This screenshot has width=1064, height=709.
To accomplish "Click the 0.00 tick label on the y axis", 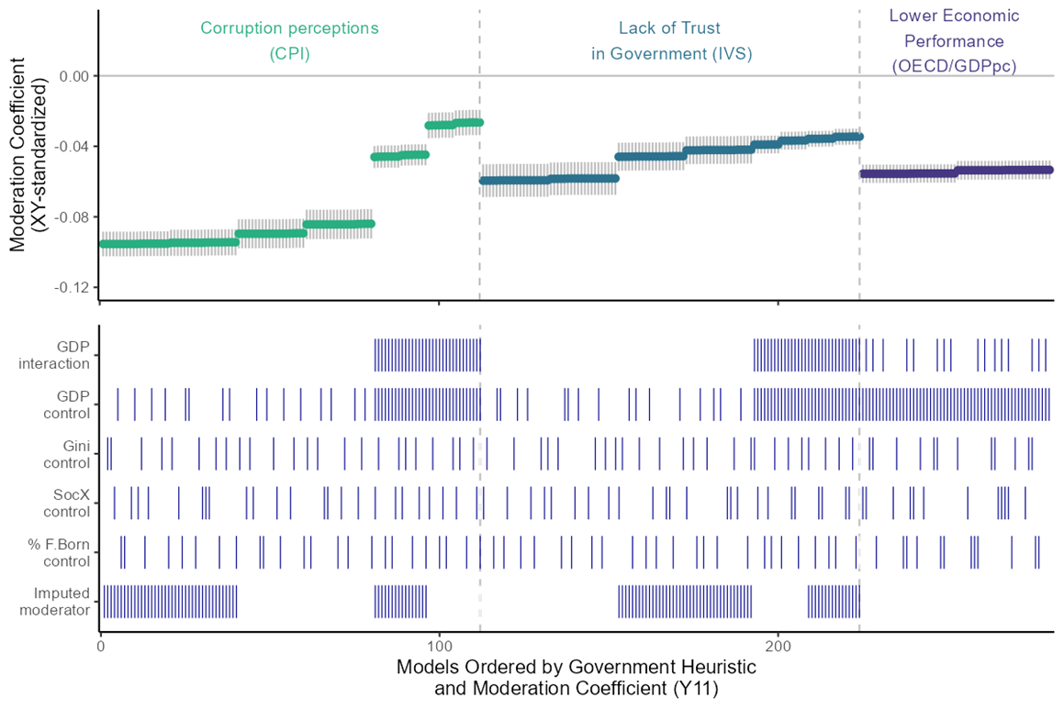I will pos(73,76).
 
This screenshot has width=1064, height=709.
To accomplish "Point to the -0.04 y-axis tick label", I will pos(71,147).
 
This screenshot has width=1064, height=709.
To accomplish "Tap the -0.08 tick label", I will pos(71,217).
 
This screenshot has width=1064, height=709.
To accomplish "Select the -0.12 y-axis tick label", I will pos(71,288).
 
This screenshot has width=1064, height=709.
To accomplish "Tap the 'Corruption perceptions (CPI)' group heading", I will pos(289,40).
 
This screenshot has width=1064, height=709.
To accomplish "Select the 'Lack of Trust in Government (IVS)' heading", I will pos(671,40).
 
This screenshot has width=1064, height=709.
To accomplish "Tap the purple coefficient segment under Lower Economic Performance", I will pos(955,172).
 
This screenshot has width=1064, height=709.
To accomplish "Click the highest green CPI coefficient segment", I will pos(454,123).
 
